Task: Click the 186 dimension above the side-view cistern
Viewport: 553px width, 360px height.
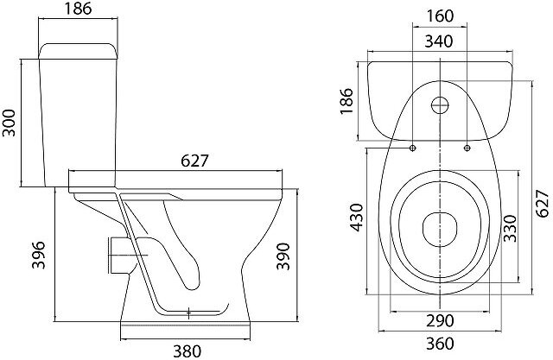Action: point(79,11)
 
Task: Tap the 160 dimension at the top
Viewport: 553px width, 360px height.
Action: point(441,15)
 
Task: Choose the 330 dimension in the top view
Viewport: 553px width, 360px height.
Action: point(511,226)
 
